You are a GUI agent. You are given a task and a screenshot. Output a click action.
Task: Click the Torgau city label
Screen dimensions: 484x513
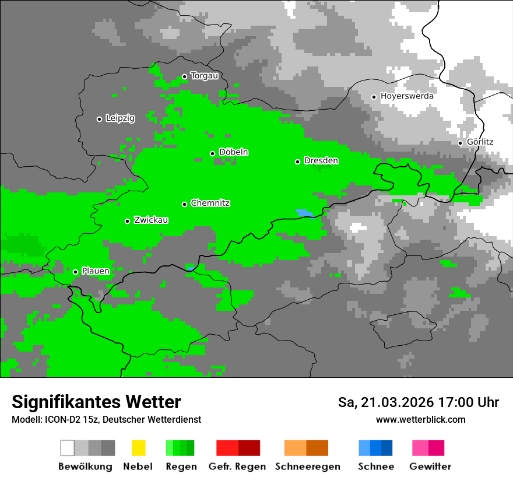pyautogui.click(x=204, y=76)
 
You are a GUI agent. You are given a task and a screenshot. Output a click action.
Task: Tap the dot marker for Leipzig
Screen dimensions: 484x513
pyautogui.click(x=99, y=119)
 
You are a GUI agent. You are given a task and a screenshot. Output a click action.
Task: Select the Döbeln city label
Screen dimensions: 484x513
pyautogui.click(x=233, y=152)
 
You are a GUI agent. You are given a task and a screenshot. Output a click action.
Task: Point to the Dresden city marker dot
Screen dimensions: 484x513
pyautogui.click(x=297, y=162)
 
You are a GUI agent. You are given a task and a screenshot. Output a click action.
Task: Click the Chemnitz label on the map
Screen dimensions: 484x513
pyautogui.click(x=210, y=203)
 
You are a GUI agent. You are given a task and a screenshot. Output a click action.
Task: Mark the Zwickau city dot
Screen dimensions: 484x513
pyautogui.click(x=127, y=221)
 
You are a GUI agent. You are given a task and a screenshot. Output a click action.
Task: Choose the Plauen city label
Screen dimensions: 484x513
pyautogui.click(x=95, y=271)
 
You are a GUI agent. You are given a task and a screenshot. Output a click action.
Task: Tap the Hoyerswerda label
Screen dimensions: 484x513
pyautogui.click(x=407, y=96)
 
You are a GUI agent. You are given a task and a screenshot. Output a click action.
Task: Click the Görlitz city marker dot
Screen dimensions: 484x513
pyautogui.click(x=460, y=143)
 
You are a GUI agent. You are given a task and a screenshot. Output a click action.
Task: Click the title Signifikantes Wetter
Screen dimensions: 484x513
pyautogui.click(x=96, y=402)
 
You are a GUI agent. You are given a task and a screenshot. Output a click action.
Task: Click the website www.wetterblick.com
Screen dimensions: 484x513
pyautogui.click(x=420, y=419)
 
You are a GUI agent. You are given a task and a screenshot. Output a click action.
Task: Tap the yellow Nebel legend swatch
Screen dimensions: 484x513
pyautogui.click(x=138, y=448)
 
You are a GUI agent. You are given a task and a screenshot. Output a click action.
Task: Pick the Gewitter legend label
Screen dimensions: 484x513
pyautogui.click(x=430, y=467)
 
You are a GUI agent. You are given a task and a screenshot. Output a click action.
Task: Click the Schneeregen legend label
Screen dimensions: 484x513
pyautogui.click(x=307, y=467)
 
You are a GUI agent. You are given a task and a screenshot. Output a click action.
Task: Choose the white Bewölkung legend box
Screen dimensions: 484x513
pyautogui.click(x=68, y=448)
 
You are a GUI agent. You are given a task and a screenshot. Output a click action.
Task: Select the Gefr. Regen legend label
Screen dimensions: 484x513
pyautogui.click(x=237, y=467)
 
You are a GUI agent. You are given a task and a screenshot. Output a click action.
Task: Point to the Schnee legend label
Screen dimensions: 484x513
pyautogui.click(x=375, y=467)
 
